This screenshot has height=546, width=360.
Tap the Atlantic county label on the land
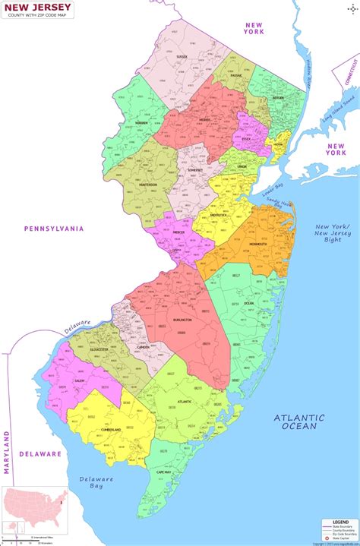tap(185, 402)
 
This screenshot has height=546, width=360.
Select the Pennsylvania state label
tap(54, 228)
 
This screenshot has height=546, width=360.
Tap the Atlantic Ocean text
tap(299, 421)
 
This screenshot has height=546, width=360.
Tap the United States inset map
tap(30, 510)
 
